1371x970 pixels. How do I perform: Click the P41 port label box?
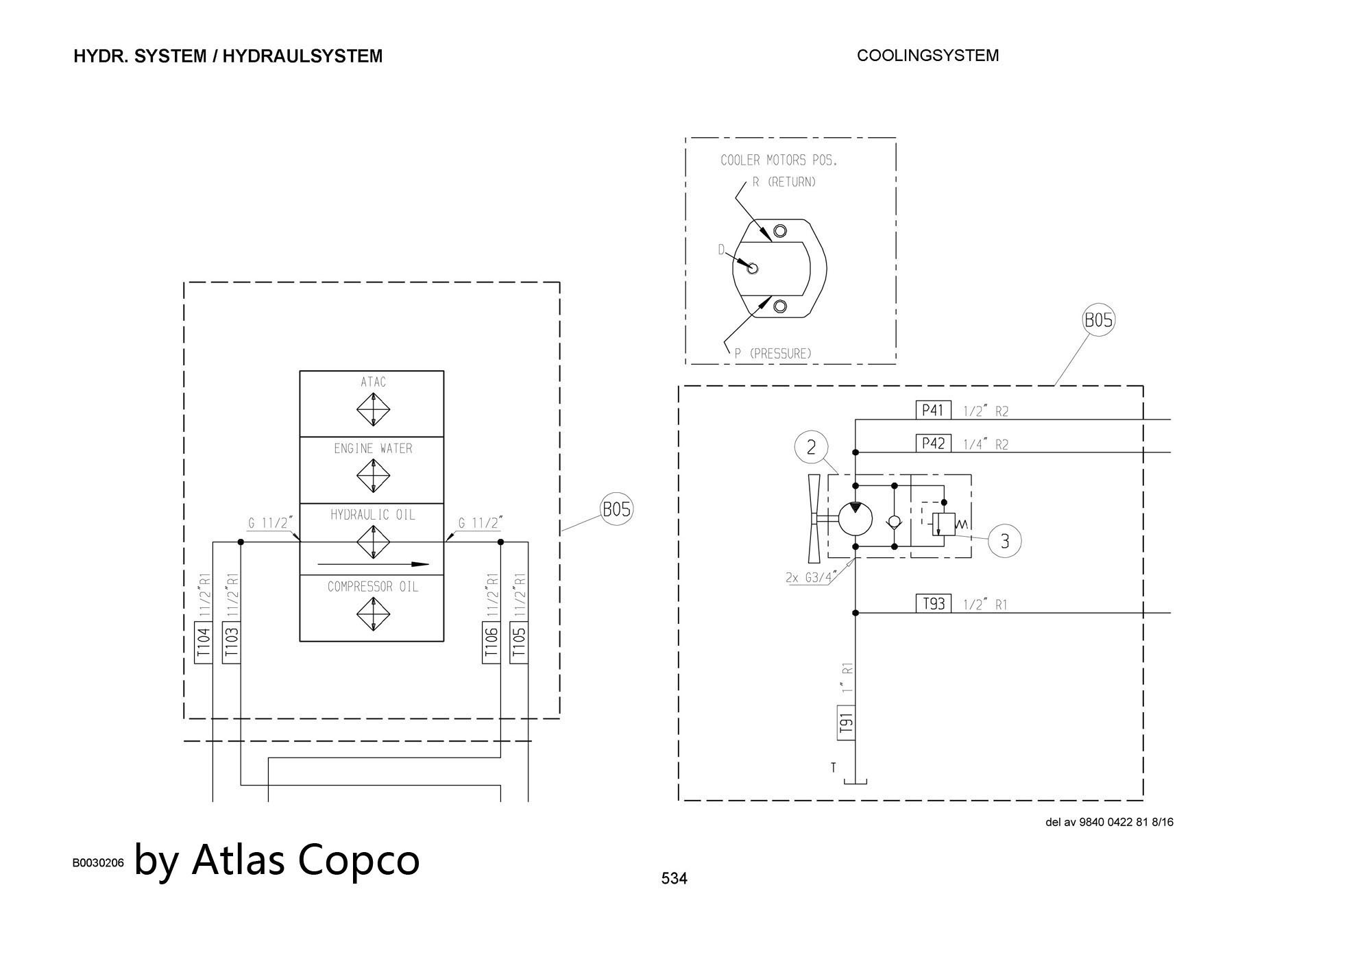click(933, 410)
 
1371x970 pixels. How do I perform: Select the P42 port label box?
click(933, 443)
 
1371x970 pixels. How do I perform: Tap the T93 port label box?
click(933, 603)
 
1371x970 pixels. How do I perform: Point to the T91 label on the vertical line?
click(847, 723)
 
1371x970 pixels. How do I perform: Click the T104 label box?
click(204, 643)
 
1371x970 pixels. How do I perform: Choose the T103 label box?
click(232, 643)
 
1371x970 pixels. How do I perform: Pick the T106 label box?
click(492, 643)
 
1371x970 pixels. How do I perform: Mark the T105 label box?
click(520, 643)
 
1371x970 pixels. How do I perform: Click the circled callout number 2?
click(812, 448)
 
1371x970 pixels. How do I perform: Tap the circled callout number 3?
click(1005, 541)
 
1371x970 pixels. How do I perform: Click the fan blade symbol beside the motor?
click(814, 518)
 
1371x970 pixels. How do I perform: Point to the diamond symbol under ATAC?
click(373, 410)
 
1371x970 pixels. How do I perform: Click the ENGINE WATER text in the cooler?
click(373, 448)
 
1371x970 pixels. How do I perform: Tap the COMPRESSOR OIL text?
click(373, 587)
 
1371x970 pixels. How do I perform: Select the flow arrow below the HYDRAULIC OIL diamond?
click(373, 564)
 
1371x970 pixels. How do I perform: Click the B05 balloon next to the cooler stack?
click(616, 509)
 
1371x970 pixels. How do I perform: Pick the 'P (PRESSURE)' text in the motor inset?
click(773, 354)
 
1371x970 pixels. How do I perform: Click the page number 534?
click(674, 878)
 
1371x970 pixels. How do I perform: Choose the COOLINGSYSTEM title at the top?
click(927, 56)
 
